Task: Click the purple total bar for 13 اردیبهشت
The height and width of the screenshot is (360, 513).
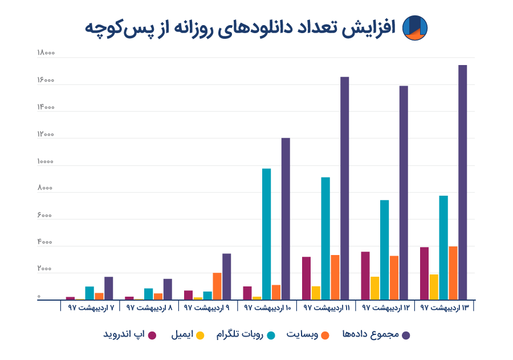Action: tap(462, 183)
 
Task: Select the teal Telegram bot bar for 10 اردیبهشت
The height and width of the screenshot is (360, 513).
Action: tap(266, 234)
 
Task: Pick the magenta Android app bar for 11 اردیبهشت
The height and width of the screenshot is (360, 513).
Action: tap(306, 278)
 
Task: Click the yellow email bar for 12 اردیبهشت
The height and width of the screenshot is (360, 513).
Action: tap(374, 288)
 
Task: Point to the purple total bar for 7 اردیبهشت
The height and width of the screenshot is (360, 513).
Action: tap(109, 288)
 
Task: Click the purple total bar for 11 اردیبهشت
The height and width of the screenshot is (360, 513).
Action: tap(345, 188)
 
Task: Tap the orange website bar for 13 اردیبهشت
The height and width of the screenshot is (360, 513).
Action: tap(453, 273)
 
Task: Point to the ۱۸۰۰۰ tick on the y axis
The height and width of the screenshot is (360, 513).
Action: tap(46, 54)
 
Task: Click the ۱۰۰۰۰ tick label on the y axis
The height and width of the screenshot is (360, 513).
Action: tap(46, 161)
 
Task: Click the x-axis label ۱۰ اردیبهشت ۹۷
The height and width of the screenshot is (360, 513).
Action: tap(267, 308)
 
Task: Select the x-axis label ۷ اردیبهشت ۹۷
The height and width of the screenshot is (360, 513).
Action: tap(91, 308)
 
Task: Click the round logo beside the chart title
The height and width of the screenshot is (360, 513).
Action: tap(414, 27)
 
